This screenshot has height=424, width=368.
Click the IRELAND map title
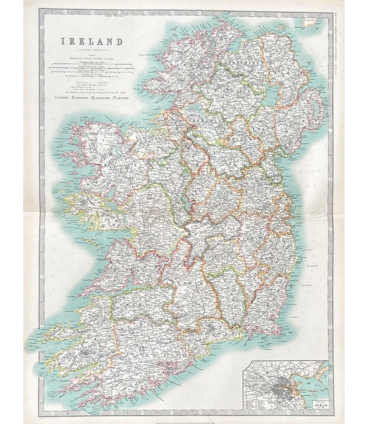pyautogui.click(x=93, y=42)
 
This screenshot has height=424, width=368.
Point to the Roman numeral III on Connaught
pyautogui.click(x=149, y=198)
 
